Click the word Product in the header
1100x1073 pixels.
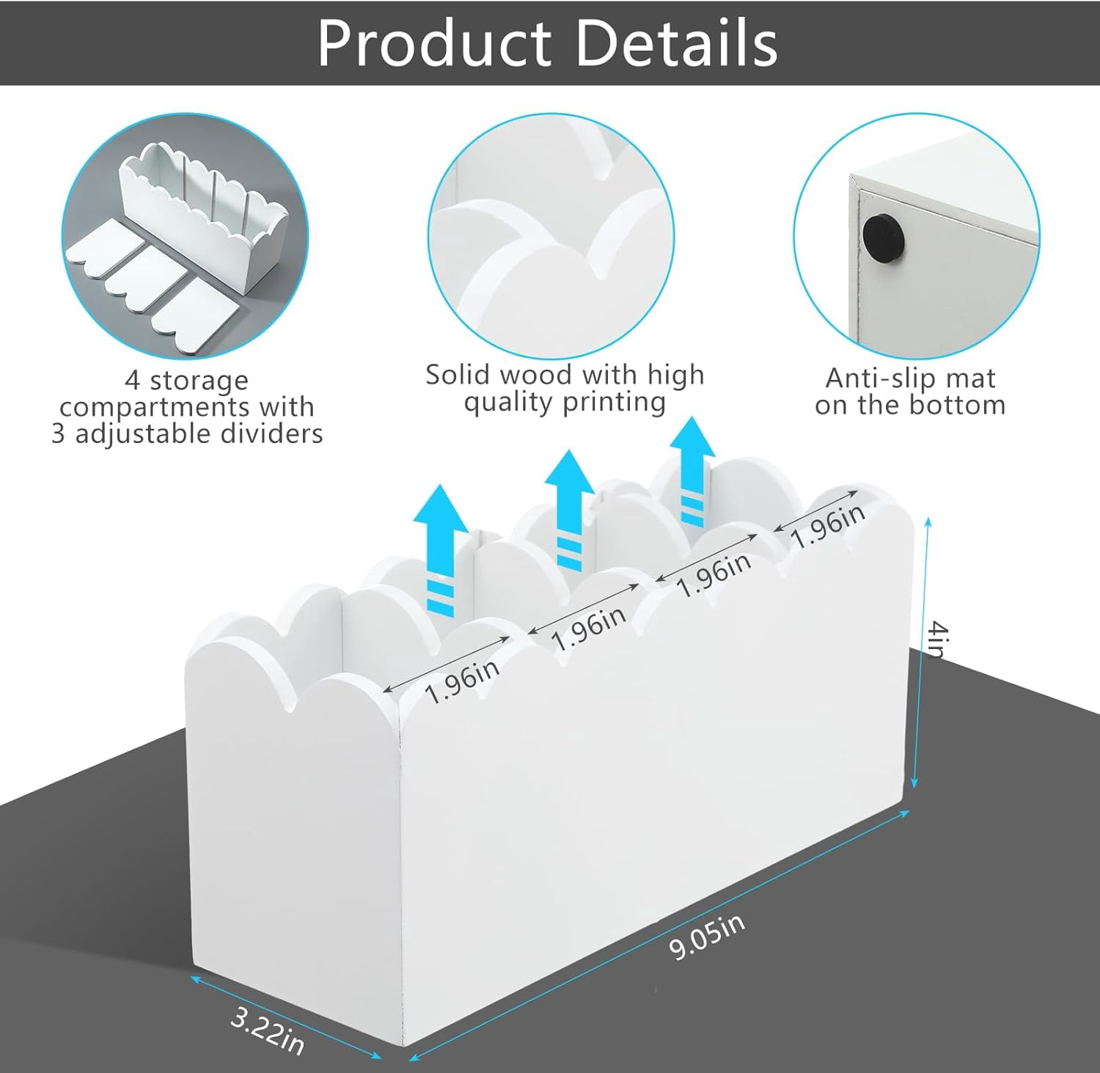click(x=435, y=43)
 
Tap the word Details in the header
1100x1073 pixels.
click(x=678, y=43)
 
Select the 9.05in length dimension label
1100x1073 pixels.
click(x=707, y=937)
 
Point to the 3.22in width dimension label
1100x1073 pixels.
click(x=267, y=1030)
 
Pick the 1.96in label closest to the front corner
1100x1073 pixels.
click(x=462, y=681)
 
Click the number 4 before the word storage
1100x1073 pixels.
click(x=132, y=381)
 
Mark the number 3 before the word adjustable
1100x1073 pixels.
click(x=59, y=434)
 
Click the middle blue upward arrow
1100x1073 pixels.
click(x=570, y=510)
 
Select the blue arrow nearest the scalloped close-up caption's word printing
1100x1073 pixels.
click(x=691, y=472)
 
